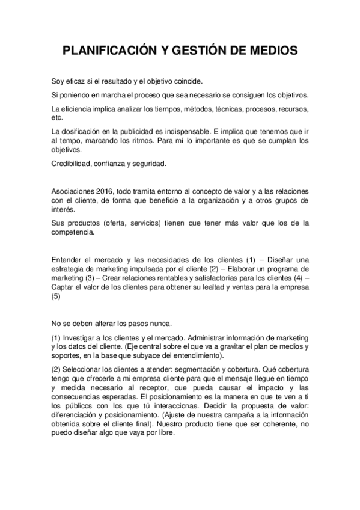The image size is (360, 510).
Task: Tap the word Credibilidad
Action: [70, 163]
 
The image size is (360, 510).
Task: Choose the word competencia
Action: [73, 232]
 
